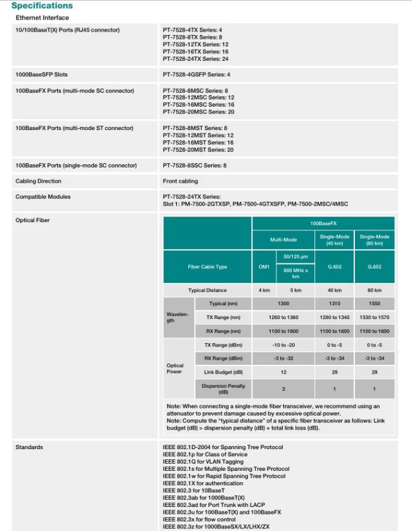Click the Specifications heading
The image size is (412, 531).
coord(42,6)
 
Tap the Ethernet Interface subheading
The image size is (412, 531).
coord(42,17)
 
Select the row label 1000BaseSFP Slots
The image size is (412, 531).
coord(41,75)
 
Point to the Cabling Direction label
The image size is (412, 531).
coord(39,181)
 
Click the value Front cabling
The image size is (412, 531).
coord(181,181)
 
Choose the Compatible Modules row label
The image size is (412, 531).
coord(43,197)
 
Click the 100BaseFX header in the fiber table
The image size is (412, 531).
coord(323,224)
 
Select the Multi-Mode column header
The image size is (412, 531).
coord(283,240)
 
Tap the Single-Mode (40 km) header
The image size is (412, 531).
coord(335,240)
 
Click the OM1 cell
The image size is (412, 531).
coord(264,266)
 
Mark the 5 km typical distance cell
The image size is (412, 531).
coord(295,290)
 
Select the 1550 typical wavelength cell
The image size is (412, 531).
coord(374,303)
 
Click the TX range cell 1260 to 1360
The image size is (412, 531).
coord(283,317)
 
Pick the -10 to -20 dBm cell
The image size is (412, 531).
coord(283,344)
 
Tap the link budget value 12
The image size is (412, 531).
coord(283,372)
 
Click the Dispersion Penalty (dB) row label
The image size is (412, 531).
coord(223,388)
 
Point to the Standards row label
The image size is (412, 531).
coord(29,447)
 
